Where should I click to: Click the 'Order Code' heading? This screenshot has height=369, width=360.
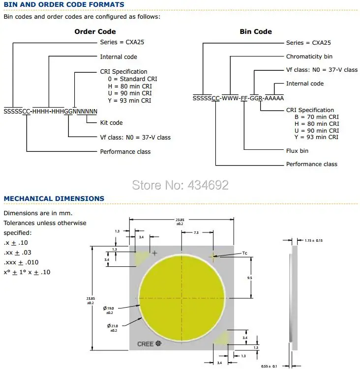point(95,31)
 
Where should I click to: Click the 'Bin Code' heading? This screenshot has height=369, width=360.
point(256,31)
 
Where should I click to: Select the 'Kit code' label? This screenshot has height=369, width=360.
point(111,123)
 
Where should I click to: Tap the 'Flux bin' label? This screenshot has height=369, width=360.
point(297,151)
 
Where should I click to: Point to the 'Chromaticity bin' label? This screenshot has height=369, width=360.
point(309,57)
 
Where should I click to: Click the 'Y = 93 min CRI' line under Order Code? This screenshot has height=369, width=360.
point(129,101)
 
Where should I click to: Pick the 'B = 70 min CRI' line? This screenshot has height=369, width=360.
point(316,117)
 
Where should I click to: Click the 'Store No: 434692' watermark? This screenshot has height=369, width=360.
point(180,185)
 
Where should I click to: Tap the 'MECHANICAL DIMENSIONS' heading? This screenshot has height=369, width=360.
point(54,199)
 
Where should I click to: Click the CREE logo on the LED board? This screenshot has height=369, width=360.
point(149,344)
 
